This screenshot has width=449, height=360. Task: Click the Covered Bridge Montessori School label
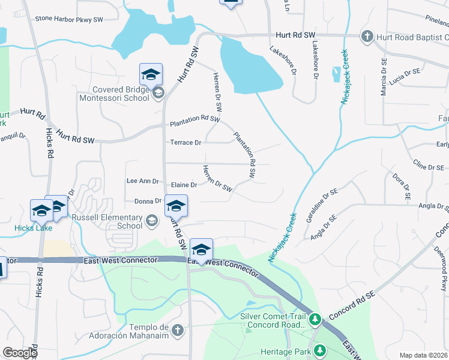point(111,92)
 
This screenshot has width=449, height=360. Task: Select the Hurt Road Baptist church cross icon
point(367,37)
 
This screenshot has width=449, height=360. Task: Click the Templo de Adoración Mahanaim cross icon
point(177,330)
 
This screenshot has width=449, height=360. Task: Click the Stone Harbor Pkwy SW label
point(69,19)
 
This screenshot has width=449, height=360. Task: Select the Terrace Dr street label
point(185,143)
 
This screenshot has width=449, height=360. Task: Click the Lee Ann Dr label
point(142,181)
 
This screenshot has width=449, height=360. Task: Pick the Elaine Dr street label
point(184,185)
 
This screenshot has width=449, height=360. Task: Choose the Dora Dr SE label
point(401,187)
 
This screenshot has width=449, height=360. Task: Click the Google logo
point(20,353)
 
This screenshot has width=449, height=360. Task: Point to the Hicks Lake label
point(34,228)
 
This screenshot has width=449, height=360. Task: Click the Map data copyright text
point(424,355)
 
